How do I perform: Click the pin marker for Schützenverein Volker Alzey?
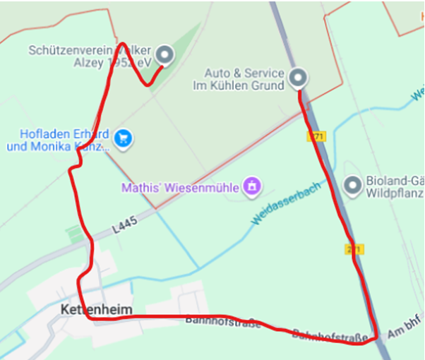pos(164,54)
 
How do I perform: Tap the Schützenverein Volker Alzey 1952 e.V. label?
pos(90,56)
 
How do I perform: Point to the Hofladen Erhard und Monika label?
pos(58,140)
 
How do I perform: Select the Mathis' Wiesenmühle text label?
pos(181,188)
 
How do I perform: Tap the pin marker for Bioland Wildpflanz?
pos(352,186)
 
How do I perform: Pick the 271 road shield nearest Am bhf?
pos(354,249)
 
